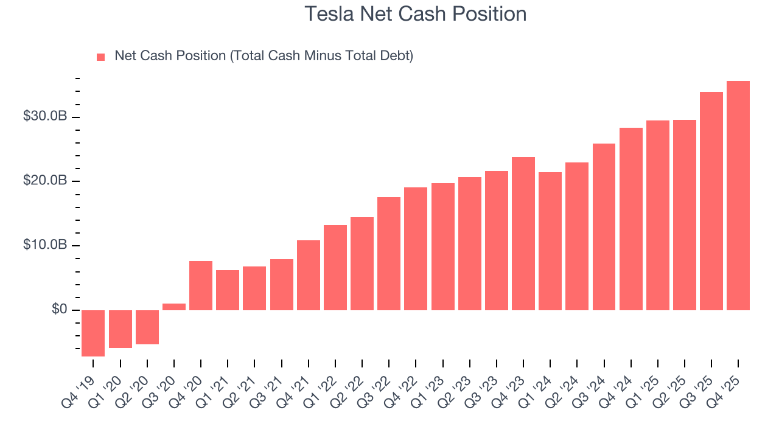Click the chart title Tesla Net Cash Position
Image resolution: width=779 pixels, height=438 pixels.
[415, 14]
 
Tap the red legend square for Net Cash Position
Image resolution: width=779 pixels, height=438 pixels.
[101, 57]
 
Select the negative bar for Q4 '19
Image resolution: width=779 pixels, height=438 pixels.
[93, 333]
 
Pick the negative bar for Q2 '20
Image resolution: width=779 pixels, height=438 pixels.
[147, 327]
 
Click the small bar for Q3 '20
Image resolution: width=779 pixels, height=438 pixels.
[174, 307]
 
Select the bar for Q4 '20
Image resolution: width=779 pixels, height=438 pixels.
[201, 285]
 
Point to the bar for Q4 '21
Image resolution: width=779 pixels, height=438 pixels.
[309, 275]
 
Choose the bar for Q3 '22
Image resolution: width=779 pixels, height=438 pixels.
[389, 254]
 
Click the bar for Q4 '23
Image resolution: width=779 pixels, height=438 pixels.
[523, 234]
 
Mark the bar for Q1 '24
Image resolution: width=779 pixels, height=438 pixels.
[550, 241]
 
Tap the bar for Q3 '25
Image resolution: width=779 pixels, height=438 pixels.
[711, 201]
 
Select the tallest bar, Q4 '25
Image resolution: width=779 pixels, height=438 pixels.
[738, 195]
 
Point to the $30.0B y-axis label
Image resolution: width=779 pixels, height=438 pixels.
[44, 116]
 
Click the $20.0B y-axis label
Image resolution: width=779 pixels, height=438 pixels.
[44, 181]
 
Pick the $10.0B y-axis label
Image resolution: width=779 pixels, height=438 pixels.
[44, 245]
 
